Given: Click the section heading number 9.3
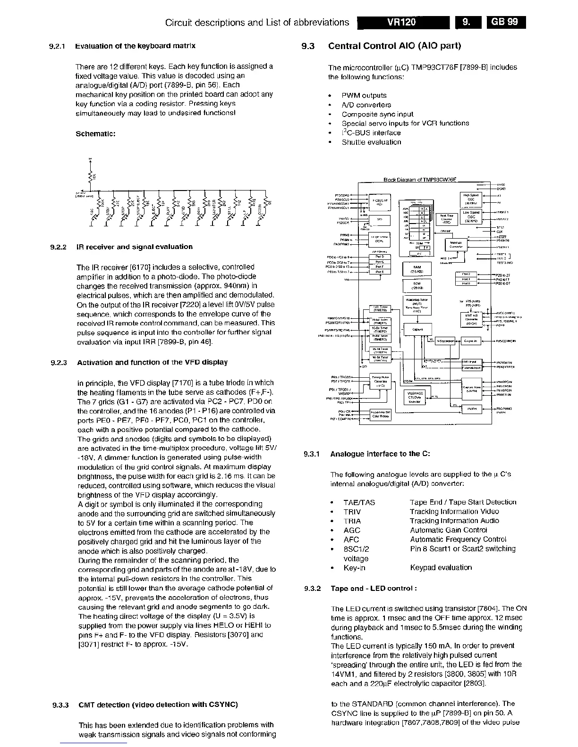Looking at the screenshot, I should pos(307,46).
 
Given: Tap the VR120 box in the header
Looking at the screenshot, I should pos(402,22).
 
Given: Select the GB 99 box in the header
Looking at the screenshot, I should pos(506,22).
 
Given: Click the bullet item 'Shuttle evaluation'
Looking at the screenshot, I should pos(371,142).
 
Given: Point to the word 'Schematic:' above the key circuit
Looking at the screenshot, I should pos(95,133).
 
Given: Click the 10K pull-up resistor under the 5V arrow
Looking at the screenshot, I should pos(90,176).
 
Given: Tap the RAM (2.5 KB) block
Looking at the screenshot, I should pos(416,269).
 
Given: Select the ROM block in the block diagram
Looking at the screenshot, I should pos(416,286).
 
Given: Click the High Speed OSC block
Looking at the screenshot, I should pos(471,199).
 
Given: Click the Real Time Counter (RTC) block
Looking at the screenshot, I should pos(446,218).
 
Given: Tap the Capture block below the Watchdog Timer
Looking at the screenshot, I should pos(417,329).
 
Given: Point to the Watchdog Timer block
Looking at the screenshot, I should pos(416,305).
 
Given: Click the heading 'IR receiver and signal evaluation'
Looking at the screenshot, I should pos(135,247).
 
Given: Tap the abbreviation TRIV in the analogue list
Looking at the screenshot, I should pos(352,512).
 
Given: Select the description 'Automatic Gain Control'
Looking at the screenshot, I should pos(448,530).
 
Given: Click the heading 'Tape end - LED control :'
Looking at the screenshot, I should pos(373,589).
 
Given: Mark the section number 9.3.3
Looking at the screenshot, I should pos(61,705).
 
